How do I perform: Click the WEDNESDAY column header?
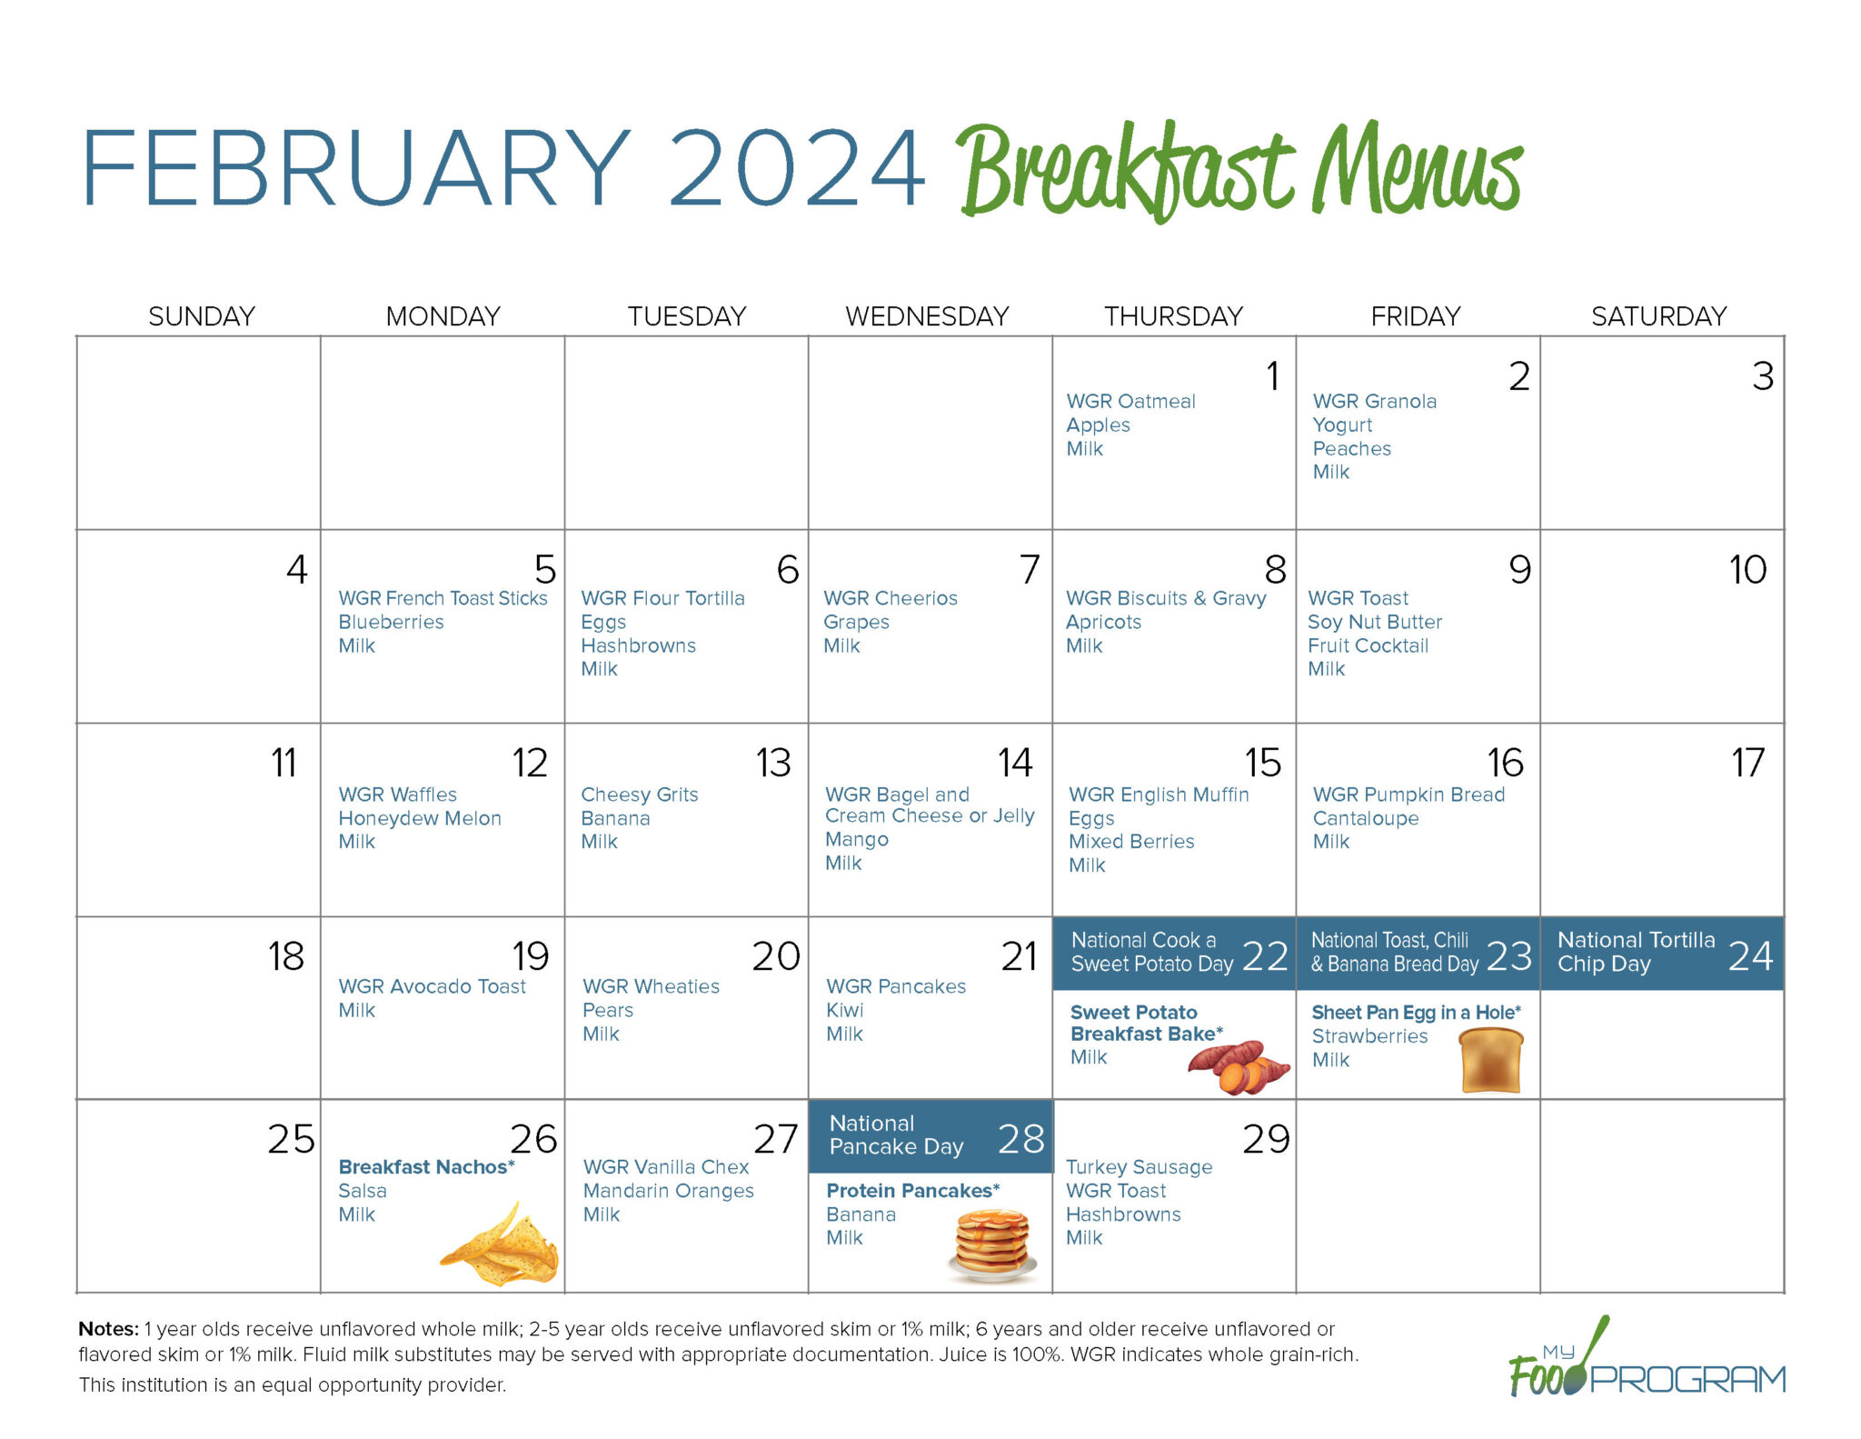[x=927, y=316]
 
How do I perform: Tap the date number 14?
[x=1015, y=763]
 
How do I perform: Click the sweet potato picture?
[x=1238, y=1066]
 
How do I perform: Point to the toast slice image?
[x=1491, y=1060]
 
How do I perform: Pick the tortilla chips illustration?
[x=503, y=1245]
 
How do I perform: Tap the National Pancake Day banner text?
[x=896, y=1135]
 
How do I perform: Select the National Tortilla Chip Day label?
[x=1636, y=952]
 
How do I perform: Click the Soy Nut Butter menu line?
[x=1374, y=623]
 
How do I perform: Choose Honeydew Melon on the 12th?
[x=419, y=818]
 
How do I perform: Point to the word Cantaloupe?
[x=1365, y=818]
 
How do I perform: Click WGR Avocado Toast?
[x=432, y=986]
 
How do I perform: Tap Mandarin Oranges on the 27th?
[x=668, y=1191]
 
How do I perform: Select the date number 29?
[x=1266, y=1139]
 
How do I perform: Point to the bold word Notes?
[x=108, y=1329]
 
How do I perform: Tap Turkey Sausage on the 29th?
[x=1139, y=1167]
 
